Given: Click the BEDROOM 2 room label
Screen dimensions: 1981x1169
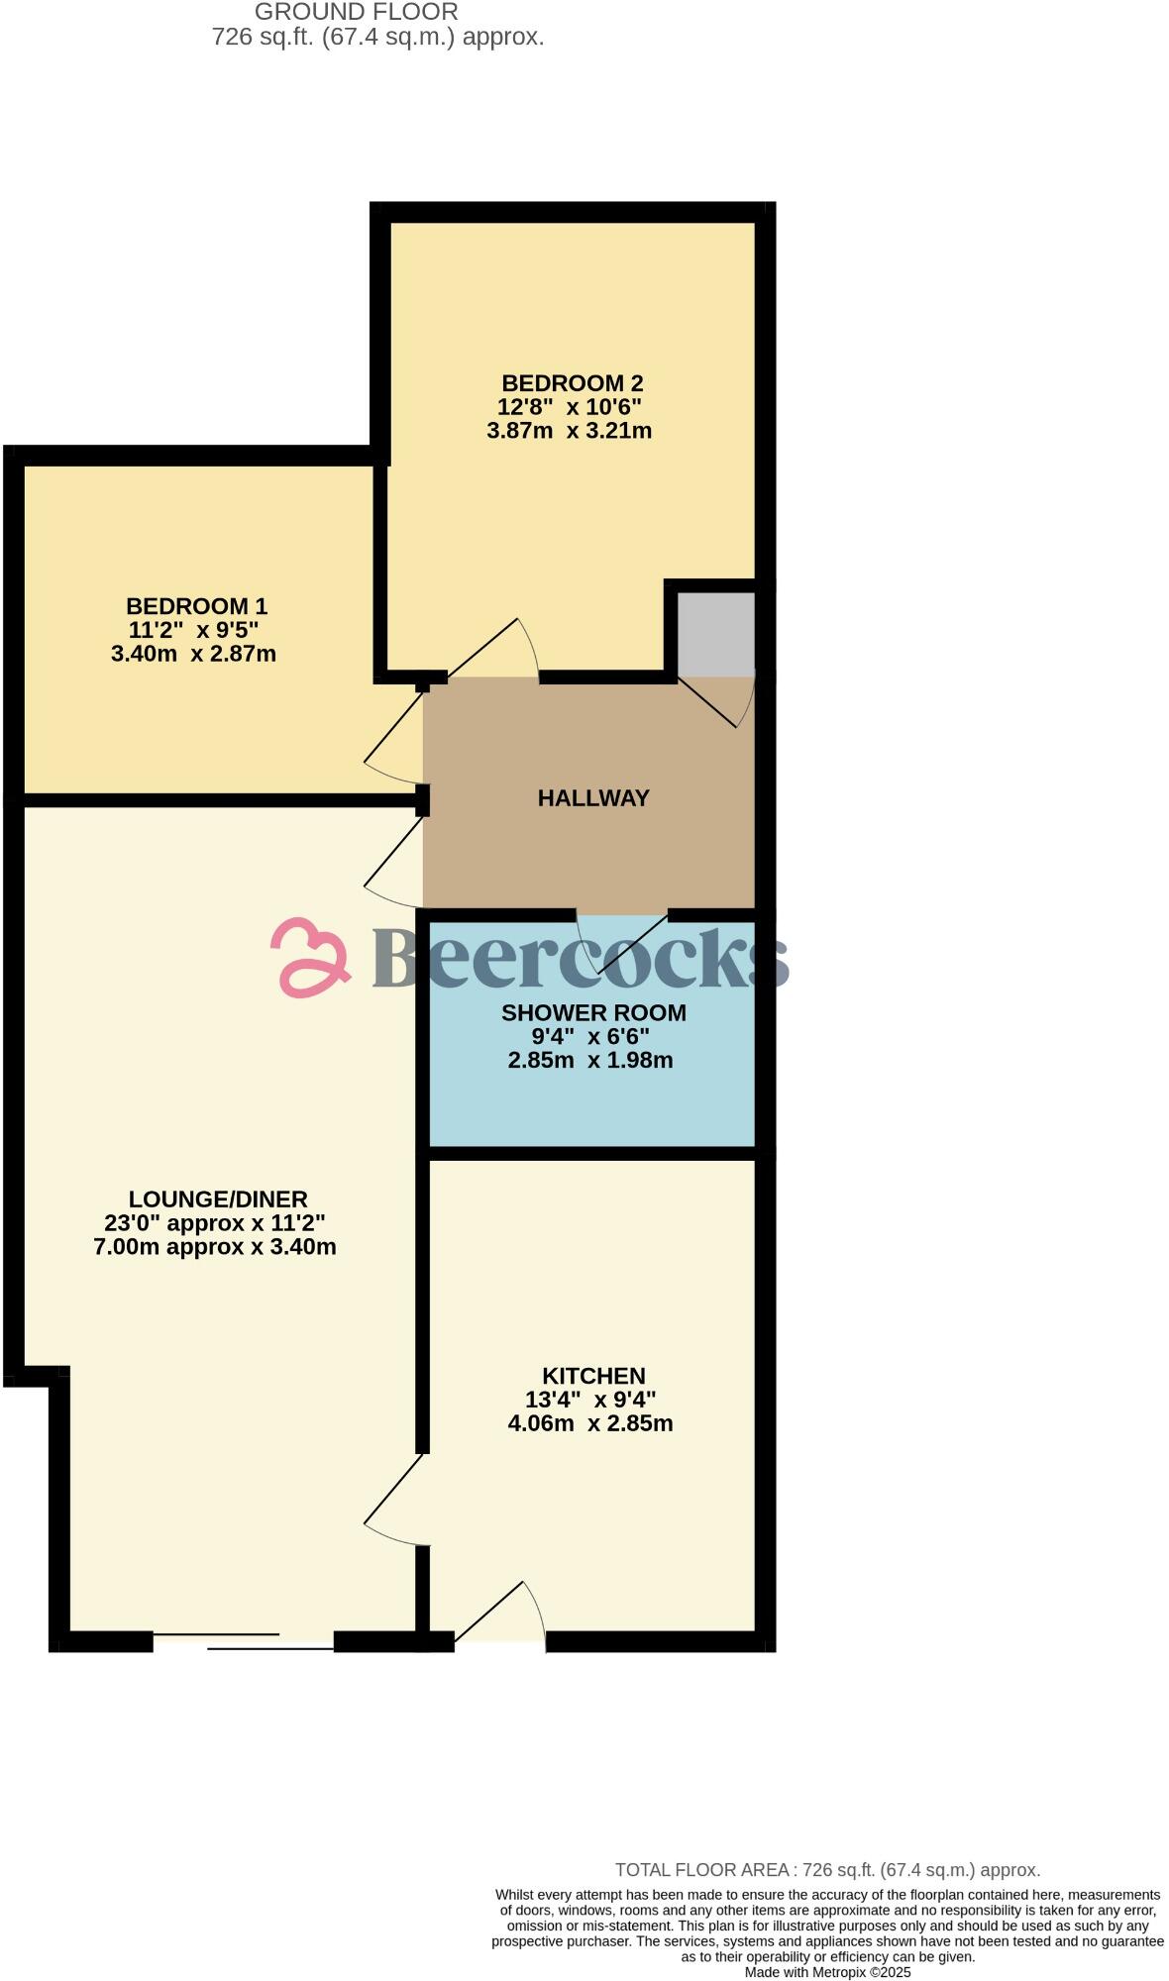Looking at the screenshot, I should coord(572,383).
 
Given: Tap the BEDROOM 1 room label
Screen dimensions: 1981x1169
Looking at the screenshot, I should coord(196,606).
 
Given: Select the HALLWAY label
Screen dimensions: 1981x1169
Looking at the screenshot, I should coord(593,798).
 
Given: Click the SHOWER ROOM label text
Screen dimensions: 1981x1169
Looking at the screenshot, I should coord(592,1013).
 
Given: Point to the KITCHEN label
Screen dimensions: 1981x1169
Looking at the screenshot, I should coord(592,1376).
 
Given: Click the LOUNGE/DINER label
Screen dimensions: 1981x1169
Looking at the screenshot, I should coord(218,1199).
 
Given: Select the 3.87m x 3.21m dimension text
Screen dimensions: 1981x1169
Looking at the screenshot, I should coord(569,431).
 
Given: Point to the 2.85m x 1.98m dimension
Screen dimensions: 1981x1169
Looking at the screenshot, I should coord(589,1061).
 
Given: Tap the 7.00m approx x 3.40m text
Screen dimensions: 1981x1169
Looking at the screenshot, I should coord(215,1247).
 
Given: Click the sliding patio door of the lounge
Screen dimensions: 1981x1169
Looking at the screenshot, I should coord(243,1641).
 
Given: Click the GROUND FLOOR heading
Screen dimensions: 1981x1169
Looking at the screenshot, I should coord(356,13).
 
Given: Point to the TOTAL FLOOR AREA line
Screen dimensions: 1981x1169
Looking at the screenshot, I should coord(827,1871).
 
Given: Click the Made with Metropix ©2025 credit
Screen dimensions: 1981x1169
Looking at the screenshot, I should coord(827,1972).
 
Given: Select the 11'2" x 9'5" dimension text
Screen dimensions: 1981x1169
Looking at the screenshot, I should coord(193,630).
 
